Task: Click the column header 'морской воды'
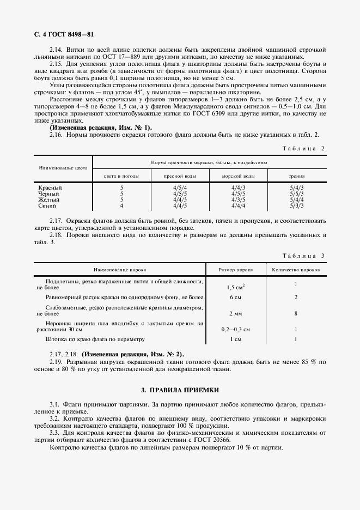point(238,177)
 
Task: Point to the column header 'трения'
point(297,177)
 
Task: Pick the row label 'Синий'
point(47,206)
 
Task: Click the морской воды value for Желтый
point(238,200)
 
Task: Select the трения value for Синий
point(297,206)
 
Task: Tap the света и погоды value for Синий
point(121,206)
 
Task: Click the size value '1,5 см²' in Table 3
point(235,287)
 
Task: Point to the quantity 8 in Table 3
point(296,314)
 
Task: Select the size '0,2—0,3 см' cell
point(235,329)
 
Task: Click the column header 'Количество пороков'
point(296,270)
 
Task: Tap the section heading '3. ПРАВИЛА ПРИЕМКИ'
point(180,390)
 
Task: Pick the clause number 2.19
point(57,361)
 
